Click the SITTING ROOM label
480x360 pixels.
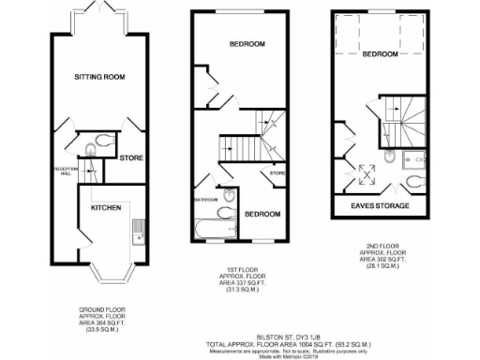(x=99, y=76)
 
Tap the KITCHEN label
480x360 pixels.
(x=106, y=206)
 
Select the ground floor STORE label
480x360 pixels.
(x=130, y=157)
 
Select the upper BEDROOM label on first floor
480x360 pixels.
(x=247, y=44)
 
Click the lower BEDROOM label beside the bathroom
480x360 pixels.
(x=262, y=215)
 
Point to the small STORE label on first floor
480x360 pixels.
(x=277, y=173)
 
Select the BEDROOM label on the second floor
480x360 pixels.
(x=381, y=53)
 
